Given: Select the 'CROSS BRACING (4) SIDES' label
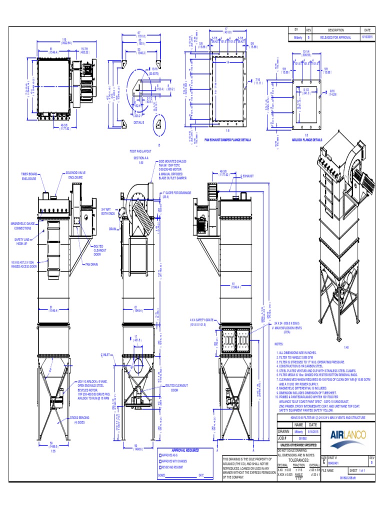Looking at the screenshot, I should [79, 419].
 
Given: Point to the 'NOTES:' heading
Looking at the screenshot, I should [279, 344].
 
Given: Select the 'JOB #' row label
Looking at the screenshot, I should [283, 438].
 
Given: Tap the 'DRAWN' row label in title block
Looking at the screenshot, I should [284, 431].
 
